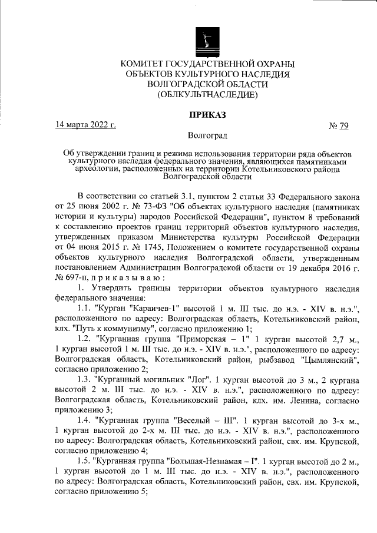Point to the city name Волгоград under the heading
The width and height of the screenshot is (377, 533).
point(207,136)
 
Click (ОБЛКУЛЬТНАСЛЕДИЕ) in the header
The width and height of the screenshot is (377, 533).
point(207,94)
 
